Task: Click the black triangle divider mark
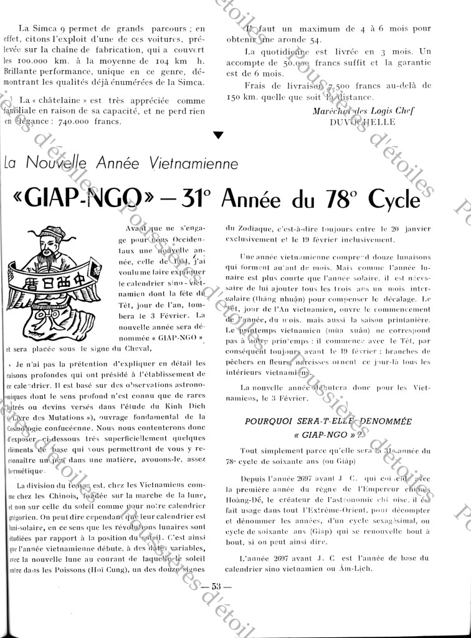pos(217,135)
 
